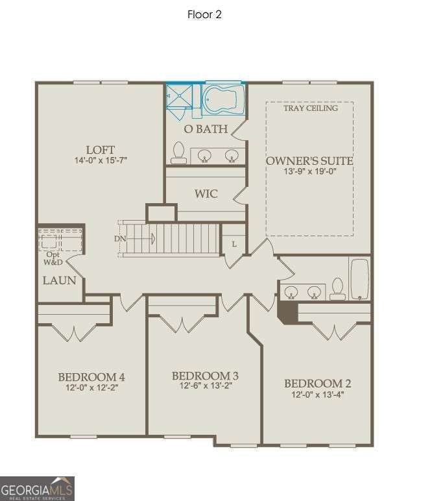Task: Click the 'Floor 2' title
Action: click(204, 14)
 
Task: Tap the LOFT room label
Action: click(101, 150)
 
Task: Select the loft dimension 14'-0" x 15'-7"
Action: click(101, 160)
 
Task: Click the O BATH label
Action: click(206, 129)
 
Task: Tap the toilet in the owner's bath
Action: click(178, 153)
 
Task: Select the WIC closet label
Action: click(206, 194)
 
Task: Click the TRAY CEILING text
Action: click(310, 108)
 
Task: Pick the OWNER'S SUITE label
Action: click(309, 161)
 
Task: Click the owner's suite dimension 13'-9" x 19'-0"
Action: click(309, 172)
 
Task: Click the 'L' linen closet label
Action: click(234, 244)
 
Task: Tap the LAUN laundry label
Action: click(60, 281)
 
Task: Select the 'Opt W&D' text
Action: click(51, 260)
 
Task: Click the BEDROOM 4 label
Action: click(91, 377)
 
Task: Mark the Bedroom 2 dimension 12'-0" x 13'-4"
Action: click(318, 394)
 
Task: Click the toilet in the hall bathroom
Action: click(337, 289)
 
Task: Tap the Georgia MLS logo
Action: click(37, 488)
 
